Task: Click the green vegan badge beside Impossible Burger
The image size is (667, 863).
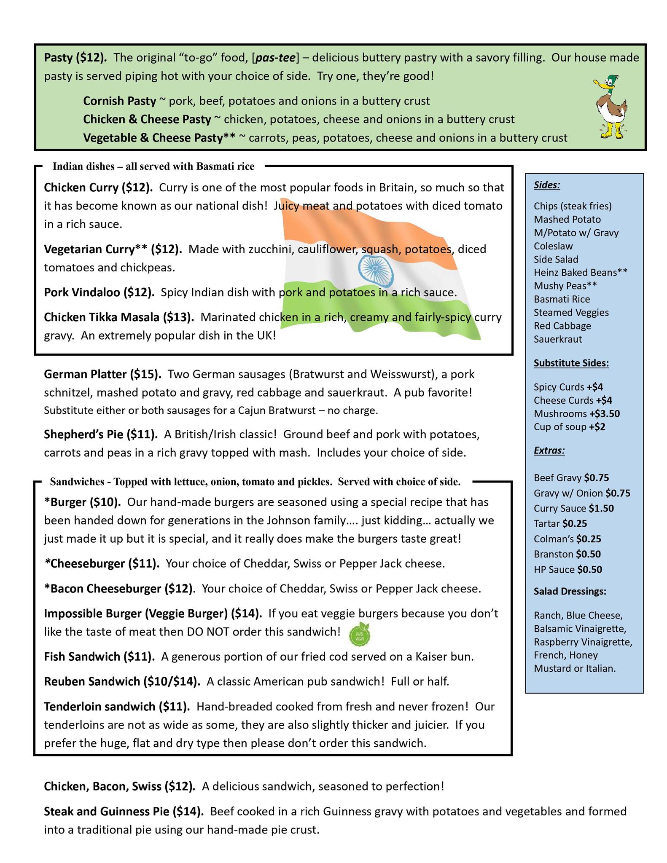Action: click(x=360, y=633)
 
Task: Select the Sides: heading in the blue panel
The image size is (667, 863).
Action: click(x=546, y=185)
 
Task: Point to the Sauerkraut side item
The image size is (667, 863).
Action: click(x=557, y=339)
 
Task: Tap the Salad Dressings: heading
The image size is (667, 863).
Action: click(x=570, y=591)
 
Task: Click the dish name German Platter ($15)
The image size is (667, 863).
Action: click(x=102, y=374)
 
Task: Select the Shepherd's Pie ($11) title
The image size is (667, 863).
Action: click(x=101, y=434)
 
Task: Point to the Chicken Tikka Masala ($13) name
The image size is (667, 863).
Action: click(x=119, y=317)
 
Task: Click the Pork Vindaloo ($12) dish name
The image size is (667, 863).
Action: click(x=99, y=292)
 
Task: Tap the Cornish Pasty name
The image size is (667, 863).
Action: click(x=119, y=101)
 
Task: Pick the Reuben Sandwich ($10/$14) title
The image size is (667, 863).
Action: click(x=122, y=681)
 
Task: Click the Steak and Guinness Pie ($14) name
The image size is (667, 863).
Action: click(x=124, y=811)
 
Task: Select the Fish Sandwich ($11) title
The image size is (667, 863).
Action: click(x=99, y=657)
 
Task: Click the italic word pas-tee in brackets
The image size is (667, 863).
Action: click(x=275, y=58)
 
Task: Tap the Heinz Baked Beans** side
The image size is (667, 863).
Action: click(x=580, y=272)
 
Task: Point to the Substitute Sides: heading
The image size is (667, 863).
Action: click(x=571, y=363)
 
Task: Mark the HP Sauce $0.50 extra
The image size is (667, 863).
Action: click(x=567, y=569)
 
